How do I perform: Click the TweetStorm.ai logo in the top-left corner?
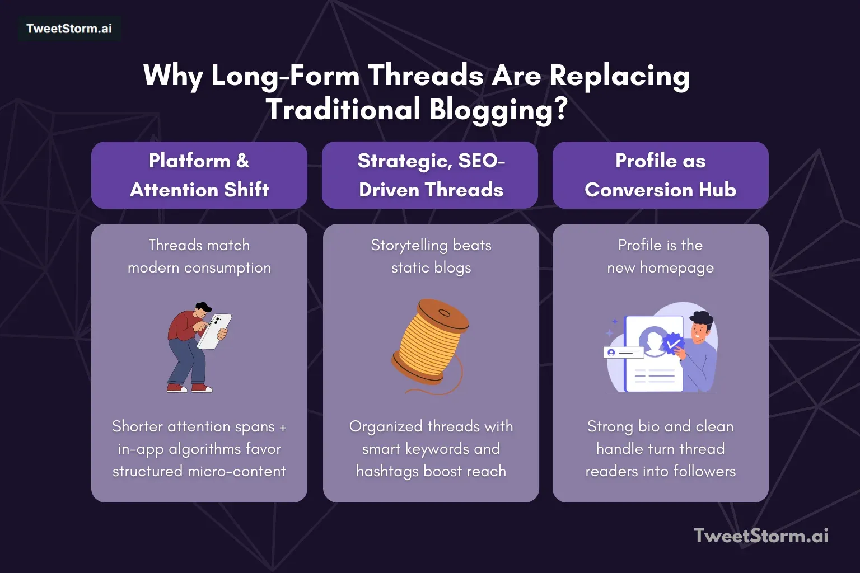pos(69,29)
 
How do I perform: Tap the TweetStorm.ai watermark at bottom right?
pos(761,536)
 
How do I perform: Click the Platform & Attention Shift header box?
pos(199,175)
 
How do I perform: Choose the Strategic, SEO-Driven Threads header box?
pos(431,175)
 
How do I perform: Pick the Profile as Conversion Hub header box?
pos(660,175)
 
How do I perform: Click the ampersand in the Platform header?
pos(242,161)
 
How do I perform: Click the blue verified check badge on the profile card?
pos(672,342)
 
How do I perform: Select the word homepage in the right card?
pos(677,268)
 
